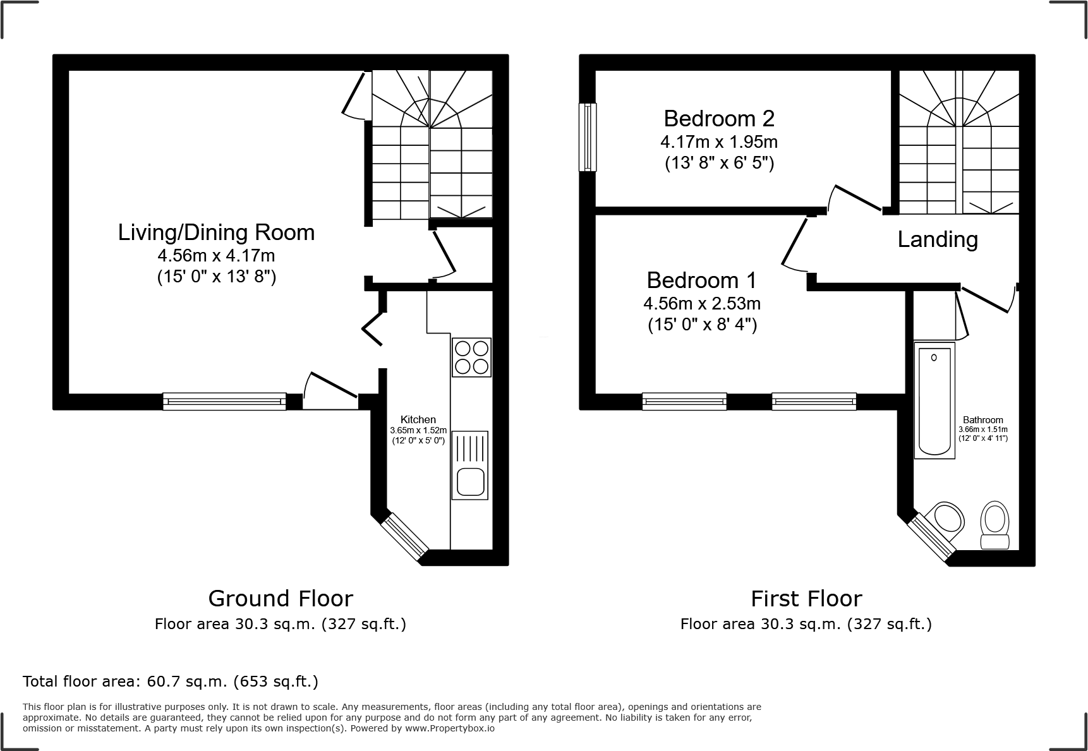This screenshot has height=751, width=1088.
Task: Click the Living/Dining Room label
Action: click(x=216, y=232)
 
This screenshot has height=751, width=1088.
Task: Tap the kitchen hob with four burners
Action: click(x=471, y=357)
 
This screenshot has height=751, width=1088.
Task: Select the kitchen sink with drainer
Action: click(x=470, y=465)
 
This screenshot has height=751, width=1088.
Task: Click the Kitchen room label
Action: click(x=418, y=420)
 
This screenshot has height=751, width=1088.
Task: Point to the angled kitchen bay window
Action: click(x=405, y=537)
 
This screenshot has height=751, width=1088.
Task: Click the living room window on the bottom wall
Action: click(x=224, y=401)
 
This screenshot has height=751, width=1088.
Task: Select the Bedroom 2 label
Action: click(x=719, y=119)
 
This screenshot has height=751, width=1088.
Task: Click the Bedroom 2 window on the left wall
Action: click(x=588, y=137)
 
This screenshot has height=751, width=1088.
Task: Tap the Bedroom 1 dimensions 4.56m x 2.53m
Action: click(x=702, y=304)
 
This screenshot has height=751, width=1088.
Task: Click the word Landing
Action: click(x=938, y=239)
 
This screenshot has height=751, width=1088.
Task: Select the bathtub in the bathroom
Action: click(x=934, y=401)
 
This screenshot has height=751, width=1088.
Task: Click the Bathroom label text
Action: click(x=982, y=420)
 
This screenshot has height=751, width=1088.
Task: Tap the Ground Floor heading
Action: click(x=281, y=598)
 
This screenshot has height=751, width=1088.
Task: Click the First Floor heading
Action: click(x=806, y=598)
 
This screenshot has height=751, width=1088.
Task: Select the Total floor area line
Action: click(x=171, y=682)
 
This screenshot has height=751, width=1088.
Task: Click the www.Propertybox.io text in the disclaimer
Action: click(x=450, y=728)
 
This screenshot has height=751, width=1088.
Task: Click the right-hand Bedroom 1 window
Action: click(x=814, y=401)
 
